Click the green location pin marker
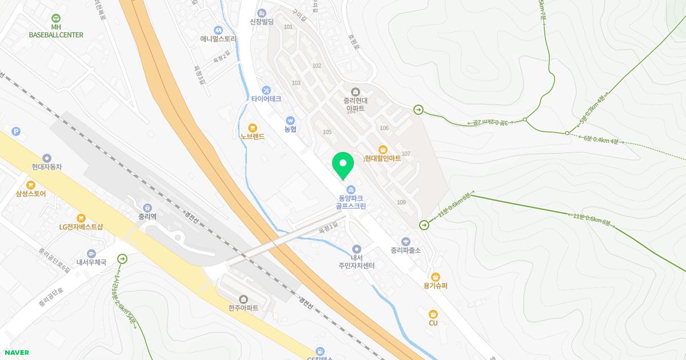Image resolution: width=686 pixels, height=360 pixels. (343, 165)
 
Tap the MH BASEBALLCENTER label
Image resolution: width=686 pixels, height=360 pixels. (56, 31)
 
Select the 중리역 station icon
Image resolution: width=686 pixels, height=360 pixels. (147, 208)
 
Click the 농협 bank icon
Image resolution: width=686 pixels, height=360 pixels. (290, 121)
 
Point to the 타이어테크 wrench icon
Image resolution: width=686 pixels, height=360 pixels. (266, 90)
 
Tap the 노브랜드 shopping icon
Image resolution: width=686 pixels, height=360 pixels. (252, 128)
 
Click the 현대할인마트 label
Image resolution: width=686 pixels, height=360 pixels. (382, 158)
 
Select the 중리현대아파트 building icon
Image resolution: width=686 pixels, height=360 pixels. (355, 92)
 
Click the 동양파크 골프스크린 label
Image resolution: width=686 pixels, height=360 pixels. (352, 202)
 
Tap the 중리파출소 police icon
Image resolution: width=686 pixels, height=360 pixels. (406, 242)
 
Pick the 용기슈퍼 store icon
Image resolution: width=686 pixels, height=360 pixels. (436, 277)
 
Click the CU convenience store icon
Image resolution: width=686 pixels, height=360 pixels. (433, 314)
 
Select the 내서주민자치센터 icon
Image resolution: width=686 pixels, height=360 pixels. (357, 249)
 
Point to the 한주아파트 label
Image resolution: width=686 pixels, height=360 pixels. (243, 308)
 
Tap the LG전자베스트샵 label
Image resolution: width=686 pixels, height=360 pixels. (81, 226)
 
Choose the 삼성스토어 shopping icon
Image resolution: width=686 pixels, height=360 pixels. (31, 185)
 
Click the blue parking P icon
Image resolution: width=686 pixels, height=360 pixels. (16, 132)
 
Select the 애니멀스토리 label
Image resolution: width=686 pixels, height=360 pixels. (218, 39)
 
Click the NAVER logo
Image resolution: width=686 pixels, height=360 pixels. (16, 353)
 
